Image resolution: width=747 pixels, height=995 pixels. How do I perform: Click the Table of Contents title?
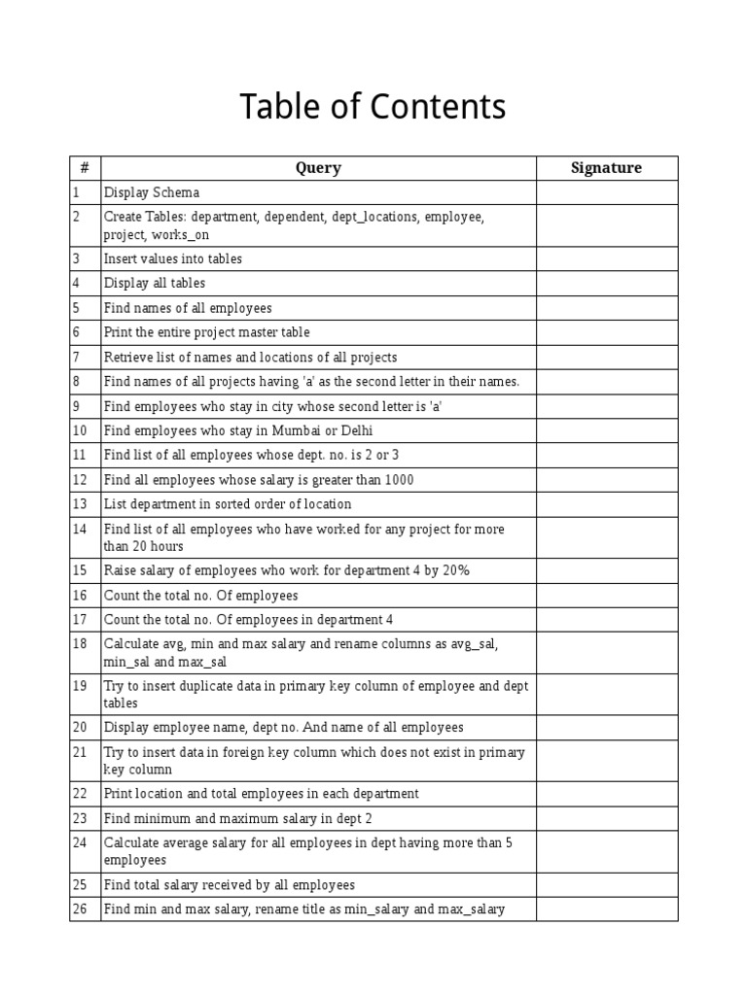(373, 107)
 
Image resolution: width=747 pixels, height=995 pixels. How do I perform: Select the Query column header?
(318, 168)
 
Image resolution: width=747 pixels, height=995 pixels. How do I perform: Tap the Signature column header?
(606, 168)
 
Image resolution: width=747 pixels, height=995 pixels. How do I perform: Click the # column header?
(85, 168)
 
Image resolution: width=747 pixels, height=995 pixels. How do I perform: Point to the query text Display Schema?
(152, 192)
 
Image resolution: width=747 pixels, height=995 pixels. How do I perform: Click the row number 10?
(80, 430)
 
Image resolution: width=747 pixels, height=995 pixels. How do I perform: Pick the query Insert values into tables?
(173, 258)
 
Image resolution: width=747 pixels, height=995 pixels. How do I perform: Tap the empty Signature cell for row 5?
(606, 308)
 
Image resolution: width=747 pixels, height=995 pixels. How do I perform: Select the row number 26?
(80, 909)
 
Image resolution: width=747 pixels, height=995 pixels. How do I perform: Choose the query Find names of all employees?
(188, 308)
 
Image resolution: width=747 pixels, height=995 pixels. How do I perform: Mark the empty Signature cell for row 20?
(606, 727)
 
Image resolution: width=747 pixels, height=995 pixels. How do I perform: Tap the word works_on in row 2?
(180, 235)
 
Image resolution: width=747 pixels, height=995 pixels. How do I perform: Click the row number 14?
(80, 529)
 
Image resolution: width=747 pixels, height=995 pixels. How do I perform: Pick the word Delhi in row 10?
(355, 430)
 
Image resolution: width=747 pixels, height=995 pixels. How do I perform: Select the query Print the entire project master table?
(207, 332)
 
